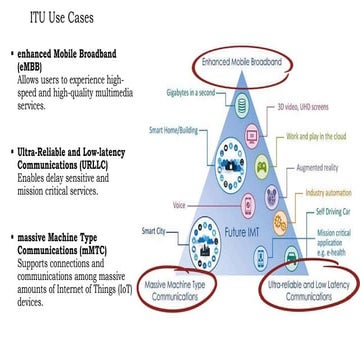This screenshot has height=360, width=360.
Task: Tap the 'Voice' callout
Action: pos(180,205)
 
